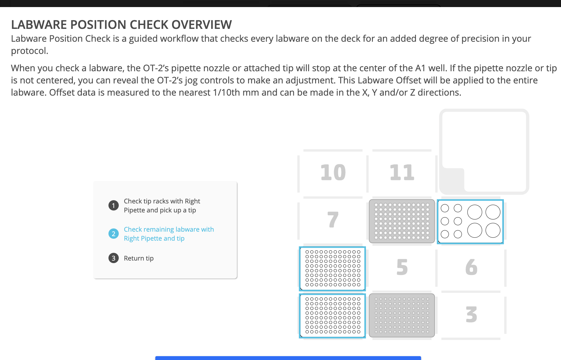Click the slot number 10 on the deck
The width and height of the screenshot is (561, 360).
point(333,173)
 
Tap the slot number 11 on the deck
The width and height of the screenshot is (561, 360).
point(402,173)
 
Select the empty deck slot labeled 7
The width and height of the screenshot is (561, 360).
point(333,220)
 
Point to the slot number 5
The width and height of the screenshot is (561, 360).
point(402,267)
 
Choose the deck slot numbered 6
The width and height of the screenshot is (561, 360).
point(471,267)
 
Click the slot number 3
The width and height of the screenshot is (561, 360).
point(471,314)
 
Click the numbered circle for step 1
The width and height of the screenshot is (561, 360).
point(113,205)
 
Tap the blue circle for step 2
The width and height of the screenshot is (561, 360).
point(113,234)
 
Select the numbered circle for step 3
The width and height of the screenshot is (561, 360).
point(113,258)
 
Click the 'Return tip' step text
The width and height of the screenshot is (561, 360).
point(139,258)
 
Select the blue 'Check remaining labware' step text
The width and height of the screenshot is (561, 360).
point(169,234)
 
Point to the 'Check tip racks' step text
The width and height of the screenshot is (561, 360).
point(162,206)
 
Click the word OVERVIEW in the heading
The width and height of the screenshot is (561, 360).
point(202,25)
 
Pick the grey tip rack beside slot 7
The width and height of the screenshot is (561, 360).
point(402,221)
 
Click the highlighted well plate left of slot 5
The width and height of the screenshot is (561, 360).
point(332,269)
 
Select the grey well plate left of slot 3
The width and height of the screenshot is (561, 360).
point(402,315)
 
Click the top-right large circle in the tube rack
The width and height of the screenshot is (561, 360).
point(493,212)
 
